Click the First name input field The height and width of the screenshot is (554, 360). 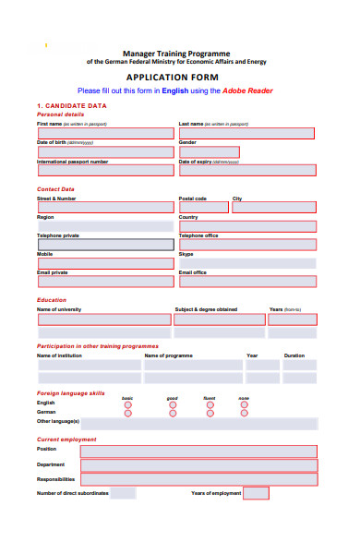pos(104,133)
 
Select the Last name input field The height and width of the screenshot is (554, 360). pos(246,133)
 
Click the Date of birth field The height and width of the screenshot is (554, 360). pos(104,151)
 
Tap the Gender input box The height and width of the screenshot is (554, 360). pos(209,152)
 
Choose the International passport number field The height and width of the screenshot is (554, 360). pos(104,170)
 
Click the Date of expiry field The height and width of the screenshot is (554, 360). pos(246,170)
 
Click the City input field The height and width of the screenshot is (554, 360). pos(273,208)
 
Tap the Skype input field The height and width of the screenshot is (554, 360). pos(246,263)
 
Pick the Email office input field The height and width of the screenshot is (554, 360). pos(246,282)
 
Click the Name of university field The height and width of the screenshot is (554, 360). pos(103,319)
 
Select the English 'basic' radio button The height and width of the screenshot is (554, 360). pos(127,404)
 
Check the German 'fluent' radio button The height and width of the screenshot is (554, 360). pos(210,414)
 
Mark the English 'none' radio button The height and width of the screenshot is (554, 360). pos(244,404)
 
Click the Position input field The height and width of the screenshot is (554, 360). pos(198,451)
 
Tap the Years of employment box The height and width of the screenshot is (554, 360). pos(256,493)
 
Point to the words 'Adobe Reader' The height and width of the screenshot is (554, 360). pos(249,91)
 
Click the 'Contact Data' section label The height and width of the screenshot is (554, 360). pos(55,189)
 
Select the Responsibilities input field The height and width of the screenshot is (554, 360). pos(198,479)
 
